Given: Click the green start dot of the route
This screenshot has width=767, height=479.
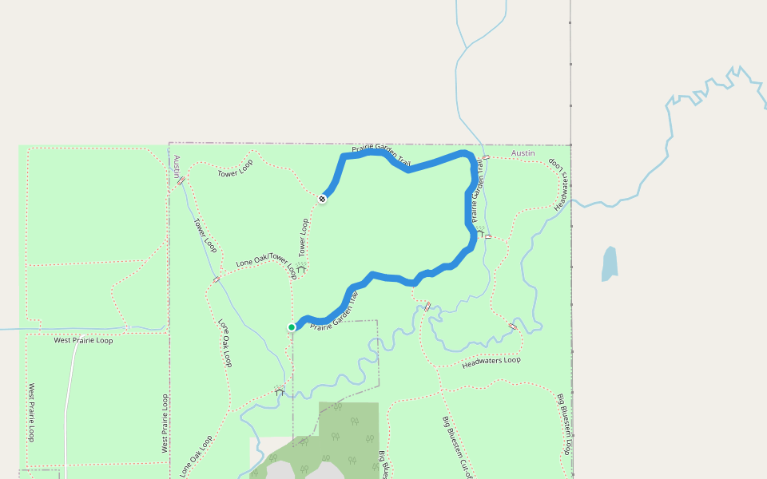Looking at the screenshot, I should [x=292, y=327].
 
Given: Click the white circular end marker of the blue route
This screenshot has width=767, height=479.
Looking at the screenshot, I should [x=322, y=198].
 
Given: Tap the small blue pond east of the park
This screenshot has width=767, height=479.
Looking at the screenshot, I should [x=610, y=263].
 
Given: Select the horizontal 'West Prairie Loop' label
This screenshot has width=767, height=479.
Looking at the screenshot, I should [x=83, y=340].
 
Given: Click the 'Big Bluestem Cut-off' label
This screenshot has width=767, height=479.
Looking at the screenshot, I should [x=456, y=445].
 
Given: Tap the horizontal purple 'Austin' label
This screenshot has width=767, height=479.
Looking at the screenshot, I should [x=523, y=152].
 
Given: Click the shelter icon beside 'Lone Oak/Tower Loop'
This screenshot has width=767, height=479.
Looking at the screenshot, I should [x=301, y=269].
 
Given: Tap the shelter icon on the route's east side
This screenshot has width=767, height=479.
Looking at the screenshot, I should [x=481, y=233].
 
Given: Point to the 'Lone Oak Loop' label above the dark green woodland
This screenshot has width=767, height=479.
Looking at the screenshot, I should [x=196, y=455].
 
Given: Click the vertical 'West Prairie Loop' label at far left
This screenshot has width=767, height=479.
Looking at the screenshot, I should [x=32, y=413].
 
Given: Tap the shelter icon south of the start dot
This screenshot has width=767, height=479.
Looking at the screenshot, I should [x=279, y=390].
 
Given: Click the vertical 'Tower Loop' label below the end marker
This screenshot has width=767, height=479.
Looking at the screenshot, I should [x=304, y=237].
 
